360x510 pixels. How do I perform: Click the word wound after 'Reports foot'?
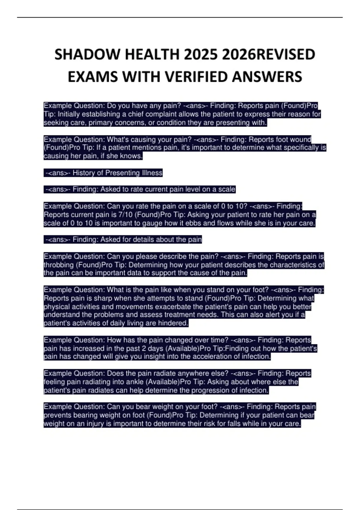point(300,139)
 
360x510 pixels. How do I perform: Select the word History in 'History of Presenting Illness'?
point(84,173)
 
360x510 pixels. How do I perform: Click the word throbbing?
point(58,265)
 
